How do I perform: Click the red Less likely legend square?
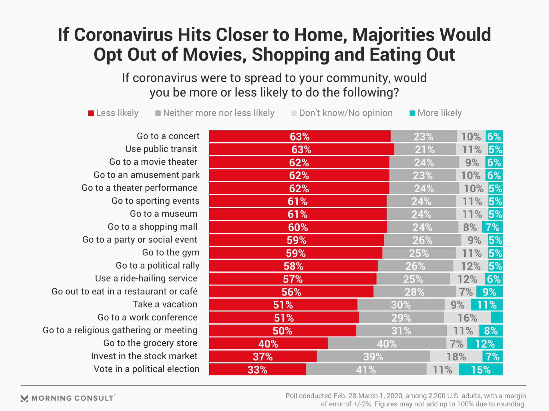click(x=91, y=113)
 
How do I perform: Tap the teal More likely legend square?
click(x=412, y=113)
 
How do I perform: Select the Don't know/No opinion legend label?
click(x=345, y=113)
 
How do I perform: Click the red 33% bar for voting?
click(x=257, y=369)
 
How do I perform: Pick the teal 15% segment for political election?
click(x=481, y=369)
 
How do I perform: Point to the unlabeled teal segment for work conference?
click(x=497, y=318)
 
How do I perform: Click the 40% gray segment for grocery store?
click(x=387, y=344)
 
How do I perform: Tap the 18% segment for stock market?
click(x=456, y=356)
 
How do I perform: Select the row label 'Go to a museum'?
click(x=164, y=214)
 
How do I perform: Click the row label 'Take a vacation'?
click(x=165, y=304)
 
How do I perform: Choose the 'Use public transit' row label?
click(x=161, y=149)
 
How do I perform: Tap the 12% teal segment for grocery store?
click(x=485, y=344)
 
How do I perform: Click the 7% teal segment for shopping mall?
click(x=492, y=227)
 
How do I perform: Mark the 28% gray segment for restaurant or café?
click(x=414, y=292)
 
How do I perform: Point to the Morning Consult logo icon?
click(x=25, y=398)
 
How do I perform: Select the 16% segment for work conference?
click(x=467, y=318)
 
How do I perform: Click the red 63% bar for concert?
click(x=299, y=136)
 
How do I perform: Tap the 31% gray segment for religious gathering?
click(x=401, y=331)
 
